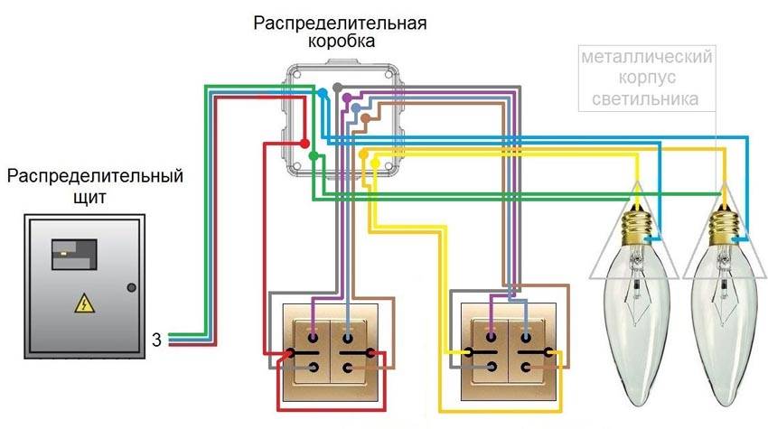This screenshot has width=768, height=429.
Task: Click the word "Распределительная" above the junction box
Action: (340, 21)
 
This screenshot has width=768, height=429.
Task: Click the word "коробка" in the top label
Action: (340, 42)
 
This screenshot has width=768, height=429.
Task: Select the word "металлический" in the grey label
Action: (647, 58)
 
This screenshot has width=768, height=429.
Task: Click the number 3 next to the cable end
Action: (156, 340)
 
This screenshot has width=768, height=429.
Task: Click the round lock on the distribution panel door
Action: (132, 287)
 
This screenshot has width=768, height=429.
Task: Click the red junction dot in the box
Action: (304, 144)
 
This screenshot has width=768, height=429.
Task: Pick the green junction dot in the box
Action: (312, 156)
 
